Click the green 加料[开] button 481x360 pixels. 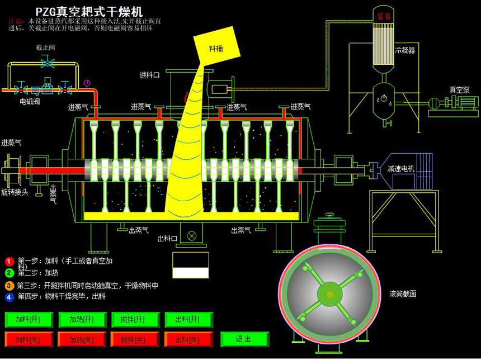[x=29, y=320]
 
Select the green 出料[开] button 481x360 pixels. [x=188, y=320]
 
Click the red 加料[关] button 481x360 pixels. [x=29, y=339]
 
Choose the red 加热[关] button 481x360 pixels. [x=82, y=339]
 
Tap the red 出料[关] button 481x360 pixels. [x=188, y=339]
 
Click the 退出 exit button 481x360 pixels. [x=244, y=339]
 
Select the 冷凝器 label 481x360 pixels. [x=405, y=50]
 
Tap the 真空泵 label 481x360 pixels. [x=460, y=89]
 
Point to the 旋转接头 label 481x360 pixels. [x=15, y=192]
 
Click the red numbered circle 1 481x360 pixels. [x=9, y=261]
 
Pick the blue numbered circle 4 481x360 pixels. [x=9, y=297]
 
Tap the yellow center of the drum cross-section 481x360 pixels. [x=330, y=294]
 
